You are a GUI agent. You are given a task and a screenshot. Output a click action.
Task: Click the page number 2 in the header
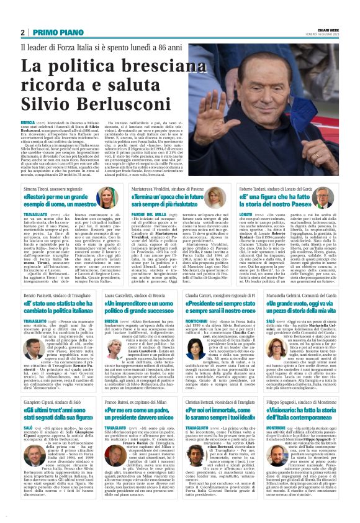22,33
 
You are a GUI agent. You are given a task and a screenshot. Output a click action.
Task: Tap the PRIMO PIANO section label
53,33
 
